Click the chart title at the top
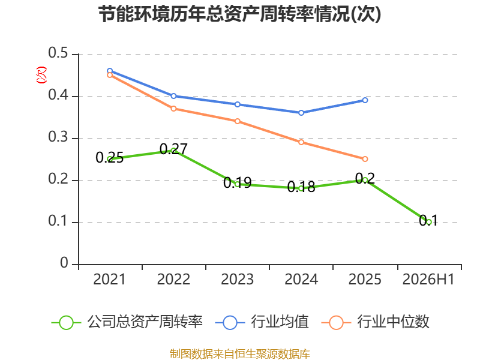coord(239,14)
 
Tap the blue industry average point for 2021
coord(110,71)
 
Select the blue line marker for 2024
coord(301,113)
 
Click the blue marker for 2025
coord(365,100)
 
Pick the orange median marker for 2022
coord(173,109)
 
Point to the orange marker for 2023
coord(237,121)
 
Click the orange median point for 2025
coord(365,159)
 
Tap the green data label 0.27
coord(173,149)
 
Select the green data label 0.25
coord(110,158)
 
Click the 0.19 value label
coord(237,183)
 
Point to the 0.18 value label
coord(301,187)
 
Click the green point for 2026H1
coord(428,222)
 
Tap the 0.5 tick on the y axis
coord(58,53)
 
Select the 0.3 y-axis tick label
coord(58,137)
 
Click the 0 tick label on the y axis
coord(64,263)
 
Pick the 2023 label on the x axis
coord(237,280)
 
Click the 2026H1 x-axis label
coord(428,280)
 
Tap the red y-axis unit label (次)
coord(41,75)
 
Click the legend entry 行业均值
coord(262,322)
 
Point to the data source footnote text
coord(240,354)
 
